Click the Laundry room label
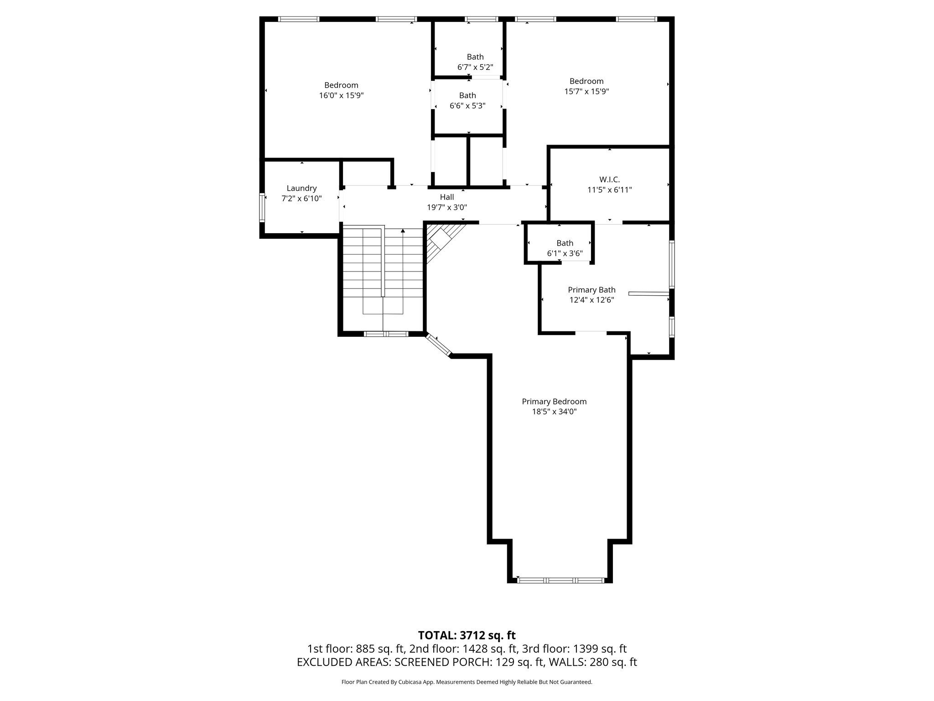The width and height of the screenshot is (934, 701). (x=301, y=188)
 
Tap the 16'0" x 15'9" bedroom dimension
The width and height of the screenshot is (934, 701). (x=341, y=95)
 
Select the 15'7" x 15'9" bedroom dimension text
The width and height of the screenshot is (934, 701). (x=586, y=91)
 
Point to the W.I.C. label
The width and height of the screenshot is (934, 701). (x=609, y=179)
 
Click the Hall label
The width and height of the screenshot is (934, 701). (x=446, y=197)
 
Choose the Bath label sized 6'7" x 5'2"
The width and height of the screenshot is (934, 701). (x=475, y=57)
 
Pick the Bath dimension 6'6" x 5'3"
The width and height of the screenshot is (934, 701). (x=467, y=105)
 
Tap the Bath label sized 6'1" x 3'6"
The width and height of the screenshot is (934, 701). (x=565, y=243)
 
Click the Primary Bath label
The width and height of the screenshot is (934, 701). (x=592, y=290)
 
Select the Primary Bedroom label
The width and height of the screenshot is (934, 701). (x=554, y=402)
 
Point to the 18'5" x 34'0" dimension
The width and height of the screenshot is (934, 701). (x=554, y=412)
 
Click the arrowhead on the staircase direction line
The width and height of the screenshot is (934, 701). (x=403, y=231)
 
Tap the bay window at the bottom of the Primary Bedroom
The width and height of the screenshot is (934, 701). (x=561, y=581)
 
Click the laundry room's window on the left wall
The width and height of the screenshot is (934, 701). (x=262, y=208)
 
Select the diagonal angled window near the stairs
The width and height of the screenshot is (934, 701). (x=439, y=345)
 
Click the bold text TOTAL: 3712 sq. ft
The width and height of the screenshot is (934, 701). (x=467, y=635)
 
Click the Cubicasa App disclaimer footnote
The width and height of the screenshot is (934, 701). (x=467, y=682)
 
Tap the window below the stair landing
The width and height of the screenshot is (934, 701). (x=386, y=334)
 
